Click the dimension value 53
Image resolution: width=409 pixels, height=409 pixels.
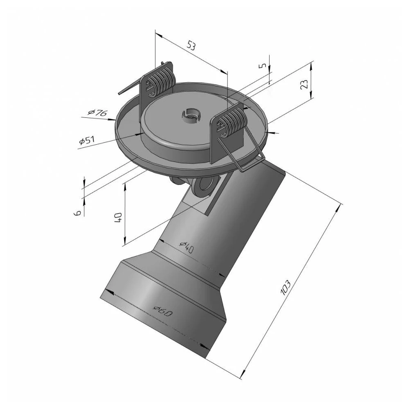[191, 46]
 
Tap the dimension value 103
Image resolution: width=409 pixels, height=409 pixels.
[285, 288]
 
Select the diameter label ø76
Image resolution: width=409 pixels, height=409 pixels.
[98, 112]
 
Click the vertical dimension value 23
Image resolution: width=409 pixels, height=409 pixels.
[304, 84]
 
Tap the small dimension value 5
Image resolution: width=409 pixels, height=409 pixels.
[263, 65]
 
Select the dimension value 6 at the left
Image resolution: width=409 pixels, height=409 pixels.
[77, 213]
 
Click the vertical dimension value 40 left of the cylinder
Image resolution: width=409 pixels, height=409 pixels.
[118, 217]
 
